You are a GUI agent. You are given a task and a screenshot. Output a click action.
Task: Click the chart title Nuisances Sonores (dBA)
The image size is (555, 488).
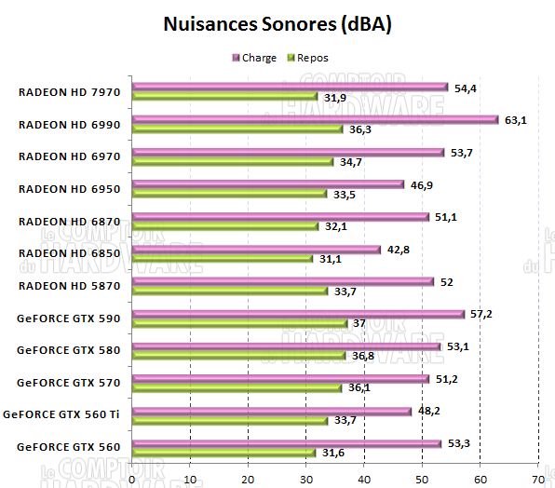point(277,23)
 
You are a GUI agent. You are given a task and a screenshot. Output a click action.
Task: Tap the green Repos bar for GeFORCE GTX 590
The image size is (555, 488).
point(239,323)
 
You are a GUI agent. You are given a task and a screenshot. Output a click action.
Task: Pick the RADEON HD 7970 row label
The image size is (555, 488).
point(69,91)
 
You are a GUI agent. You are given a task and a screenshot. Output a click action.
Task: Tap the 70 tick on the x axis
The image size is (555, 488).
point(537,479)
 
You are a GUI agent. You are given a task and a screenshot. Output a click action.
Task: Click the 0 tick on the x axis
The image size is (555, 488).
point(132,479)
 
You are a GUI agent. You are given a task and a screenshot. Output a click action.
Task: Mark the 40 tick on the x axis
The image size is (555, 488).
point(364,479)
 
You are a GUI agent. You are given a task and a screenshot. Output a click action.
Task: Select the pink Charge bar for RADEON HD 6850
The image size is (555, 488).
point(256,249)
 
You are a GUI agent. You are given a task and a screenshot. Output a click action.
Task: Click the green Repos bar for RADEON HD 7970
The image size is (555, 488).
point(224,97)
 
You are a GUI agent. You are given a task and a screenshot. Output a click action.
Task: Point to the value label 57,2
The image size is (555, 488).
point(481,314)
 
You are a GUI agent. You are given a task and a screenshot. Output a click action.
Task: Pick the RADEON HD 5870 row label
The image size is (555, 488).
point(69,285)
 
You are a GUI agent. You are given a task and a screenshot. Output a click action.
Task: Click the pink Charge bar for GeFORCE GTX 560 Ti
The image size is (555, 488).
point(271,411)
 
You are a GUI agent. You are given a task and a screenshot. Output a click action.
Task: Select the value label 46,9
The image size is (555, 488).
point(420,184)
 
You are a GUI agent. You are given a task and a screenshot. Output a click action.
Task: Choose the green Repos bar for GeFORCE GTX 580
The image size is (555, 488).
point(238,356)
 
